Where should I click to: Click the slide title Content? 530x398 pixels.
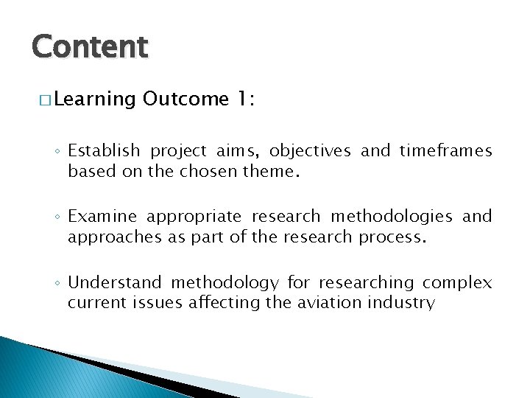[x=90, y=46]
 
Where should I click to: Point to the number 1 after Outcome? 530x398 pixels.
[x=244, y=99]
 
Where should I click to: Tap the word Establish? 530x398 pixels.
[x=104, y=151]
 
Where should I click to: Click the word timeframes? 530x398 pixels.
[x=445, y=151]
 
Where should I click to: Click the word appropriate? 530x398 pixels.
[x=194, y=217]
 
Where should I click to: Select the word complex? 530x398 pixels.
[x=457, y=282]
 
